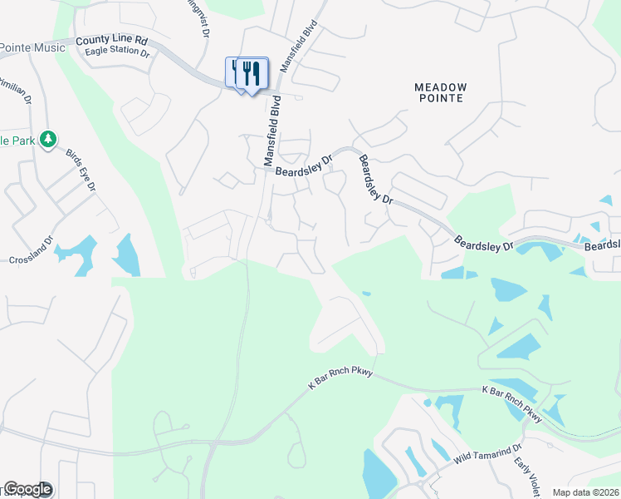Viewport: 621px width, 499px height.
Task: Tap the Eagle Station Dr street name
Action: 117,52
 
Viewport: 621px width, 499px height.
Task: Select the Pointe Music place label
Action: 32,48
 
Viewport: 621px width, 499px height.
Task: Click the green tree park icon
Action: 49,139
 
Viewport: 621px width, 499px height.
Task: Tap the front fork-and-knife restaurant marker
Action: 252,74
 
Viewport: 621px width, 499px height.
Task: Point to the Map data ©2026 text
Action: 586,492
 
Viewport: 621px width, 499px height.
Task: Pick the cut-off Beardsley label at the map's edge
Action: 602,245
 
